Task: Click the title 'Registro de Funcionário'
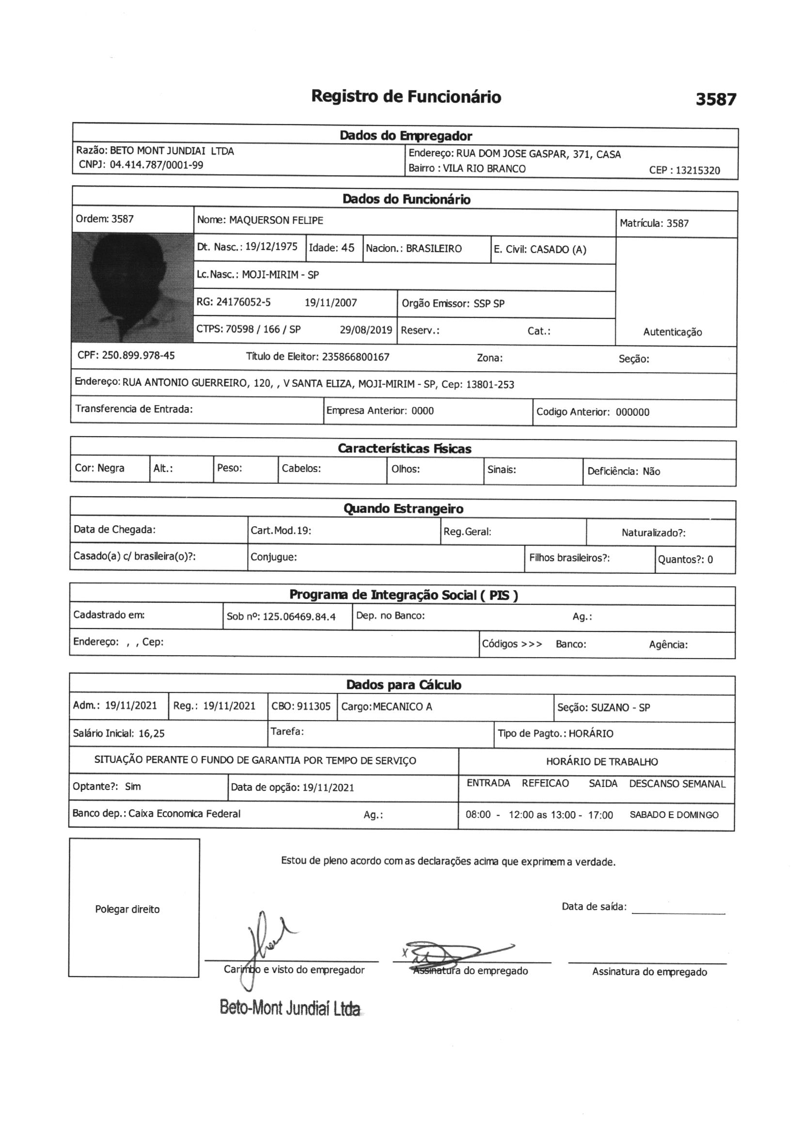[406, 97]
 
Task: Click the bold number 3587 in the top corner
[716, 100]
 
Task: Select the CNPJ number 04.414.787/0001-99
[156, 165]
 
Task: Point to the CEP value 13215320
[697, 171]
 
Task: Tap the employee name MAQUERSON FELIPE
[276, 220]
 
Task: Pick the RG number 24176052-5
[243, 302]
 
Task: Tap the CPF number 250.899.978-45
[138, 356]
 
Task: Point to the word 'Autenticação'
[672, 332]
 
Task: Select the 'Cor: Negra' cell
[100, 468]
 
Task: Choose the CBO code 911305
[314, 706]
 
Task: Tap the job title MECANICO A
[402, 707]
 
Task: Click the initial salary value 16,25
[152, 733]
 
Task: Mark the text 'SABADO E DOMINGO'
[674, 815]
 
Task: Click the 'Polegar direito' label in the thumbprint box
[127, 910]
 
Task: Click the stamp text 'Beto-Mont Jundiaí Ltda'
[290, 1007]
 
